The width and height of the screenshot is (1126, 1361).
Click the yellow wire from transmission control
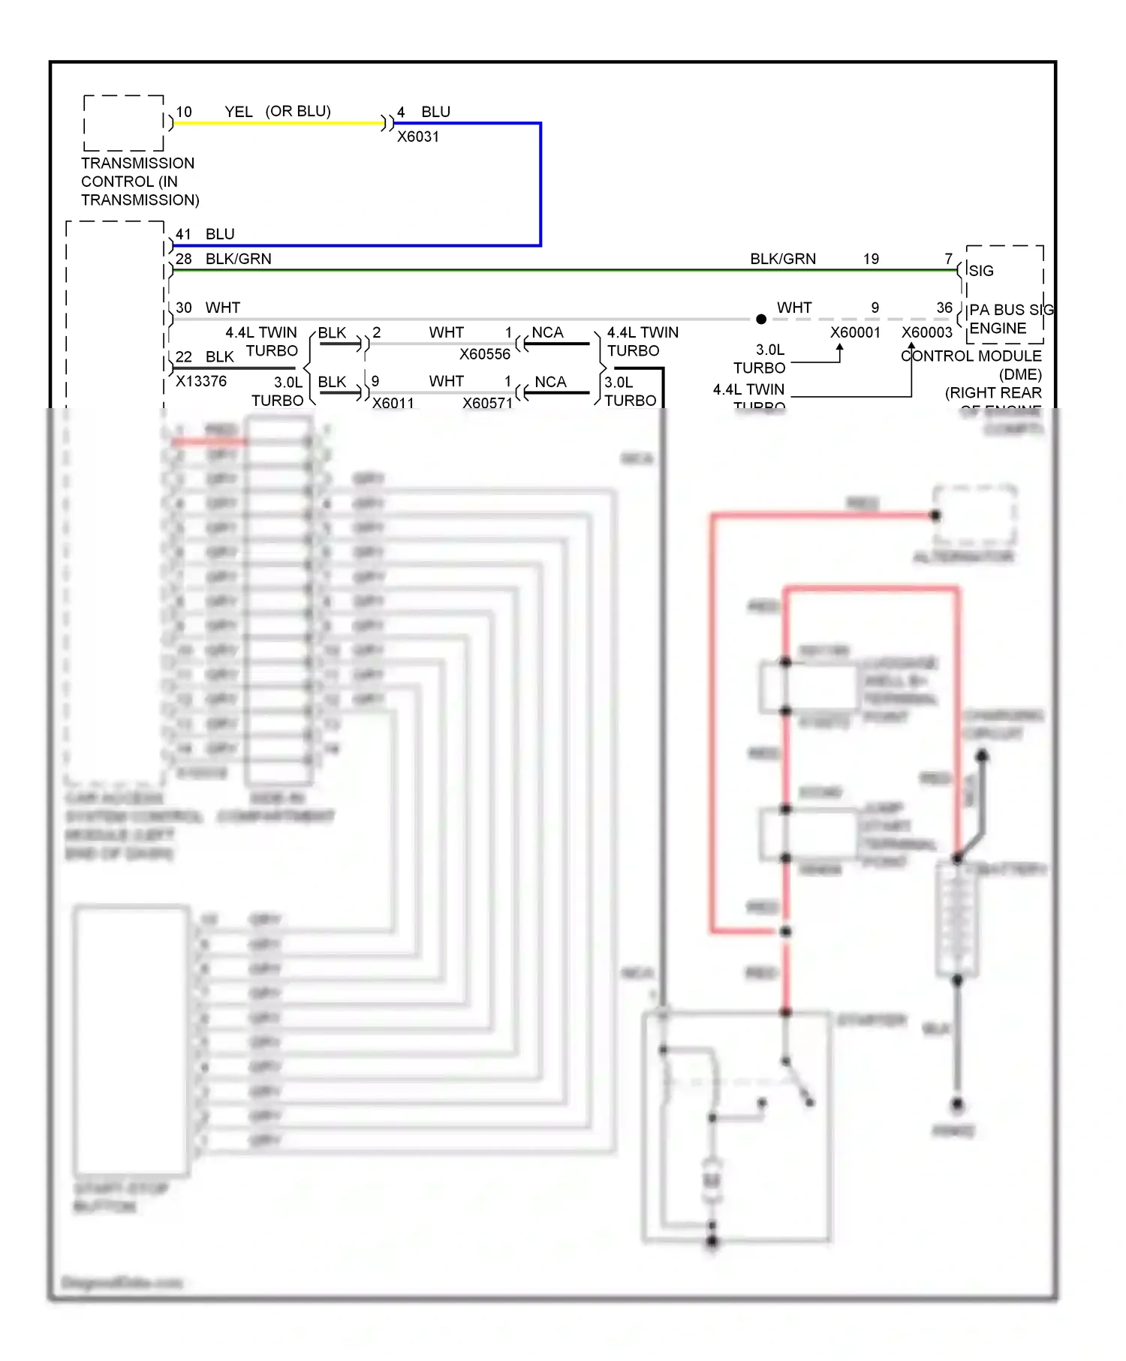278,123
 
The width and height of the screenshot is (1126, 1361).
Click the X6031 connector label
418,137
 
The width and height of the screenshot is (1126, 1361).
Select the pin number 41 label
184,234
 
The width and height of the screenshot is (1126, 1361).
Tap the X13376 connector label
201,381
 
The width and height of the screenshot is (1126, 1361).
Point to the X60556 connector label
485,354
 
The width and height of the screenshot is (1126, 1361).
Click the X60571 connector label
487,403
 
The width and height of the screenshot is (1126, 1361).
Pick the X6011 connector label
393,403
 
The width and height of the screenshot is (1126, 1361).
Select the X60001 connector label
855,332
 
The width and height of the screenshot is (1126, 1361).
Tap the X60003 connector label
927,332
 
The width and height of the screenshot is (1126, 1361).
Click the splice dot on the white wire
761,320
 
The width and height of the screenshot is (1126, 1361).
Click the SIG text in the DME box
981,271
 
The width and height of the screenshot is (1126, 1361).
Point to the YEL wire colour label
239,112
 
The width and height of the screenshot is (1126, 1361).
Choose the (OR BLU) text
298,111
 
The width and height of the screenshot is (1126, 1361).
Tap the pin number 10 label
184,112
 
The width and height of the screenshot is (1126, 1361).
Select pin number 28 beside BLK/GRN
184,259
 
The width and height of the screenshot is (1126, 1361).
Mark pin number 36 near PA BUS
944,308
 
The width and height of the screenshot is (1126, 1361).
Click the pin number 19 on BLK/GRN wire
871,259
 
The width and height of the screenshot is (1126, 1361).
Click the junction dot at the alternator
935,515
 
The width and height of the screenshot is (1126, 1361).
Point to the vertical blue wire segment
540,184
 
